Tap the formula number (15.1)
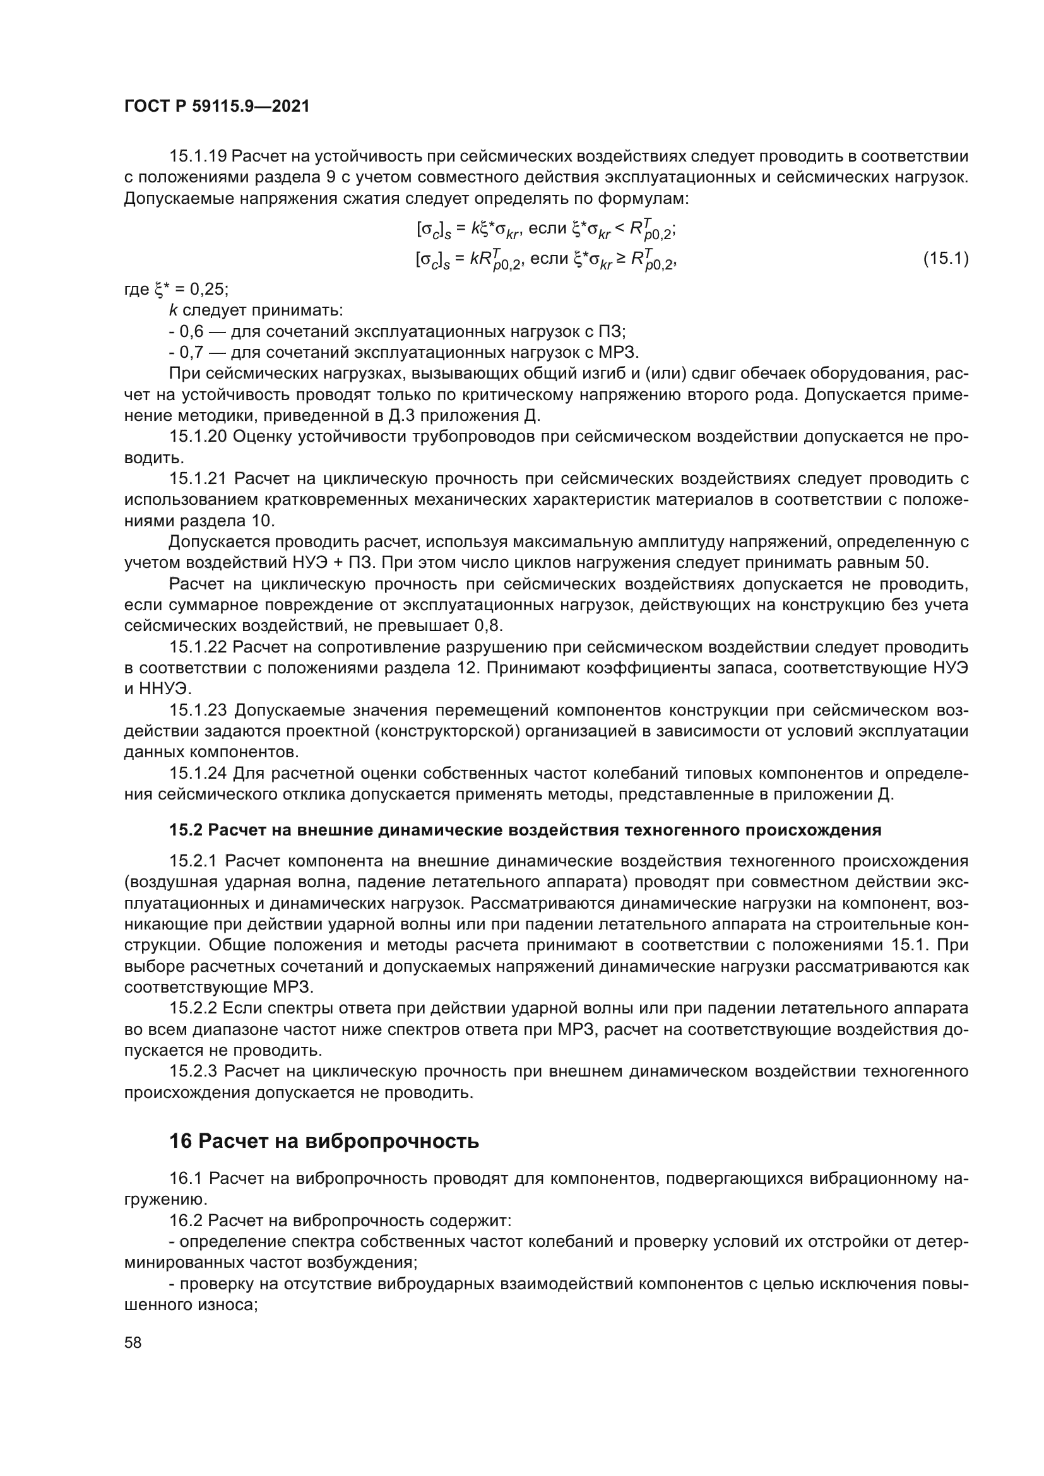(x=945, y=259)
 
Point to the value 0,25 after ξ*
(x=205, y=289)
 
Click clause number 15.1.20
(x=198, y=437)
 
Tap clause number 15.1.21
(x=198, y=479)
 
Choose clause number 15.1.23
(x=198, y=711)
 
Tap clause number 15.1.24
(x=198, y=774)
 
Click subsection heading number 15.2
(x=186, y=830)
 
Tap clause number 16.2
(x=186, y=1220)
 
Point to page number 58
(x=133, y=1343)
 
